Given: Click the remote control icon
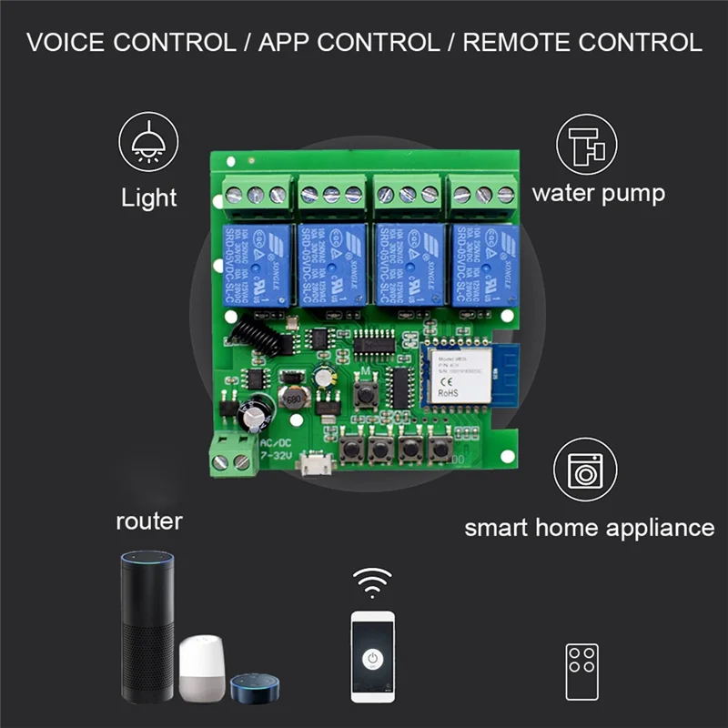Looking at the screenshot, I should coord(581,672).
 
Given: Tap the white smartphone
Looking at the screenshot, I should coord(373,655).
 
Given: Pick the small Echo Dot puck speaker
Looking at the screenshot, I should coord(250,687).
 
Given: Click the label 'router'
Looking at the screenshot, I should coord(149,521).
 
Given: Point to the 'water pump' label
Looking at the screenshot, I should coord(598,193).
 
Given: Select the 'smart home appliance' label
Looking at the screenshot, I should coord(590,528).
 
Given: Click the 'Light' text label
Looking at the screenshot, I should coord(149,197).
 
